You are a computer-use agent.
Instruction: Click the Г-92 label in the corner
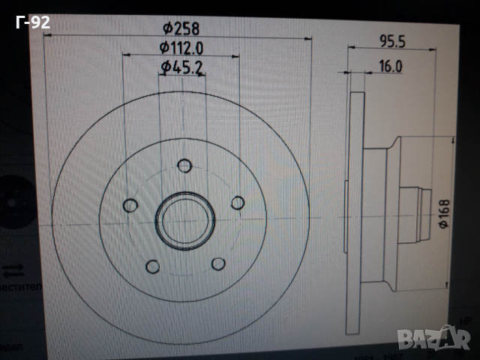tap(32, 22)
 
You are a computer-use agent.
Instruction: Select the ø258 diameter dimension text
tap(181, 28)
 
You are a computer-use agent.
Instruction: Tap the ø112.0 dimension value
tap(181, 47)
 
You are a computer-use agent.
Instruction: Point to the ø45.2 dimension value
tap(182, 67)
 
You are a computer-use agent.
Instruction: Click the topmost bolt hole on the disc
tap(184, 166)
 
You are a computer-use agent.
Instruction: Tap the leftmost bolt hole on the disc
tap(130, 205)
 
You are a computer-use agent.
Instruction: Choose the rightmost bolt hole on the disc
tap(238, 202)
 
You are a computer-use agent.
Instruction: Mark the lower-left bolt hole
tap(152, 266)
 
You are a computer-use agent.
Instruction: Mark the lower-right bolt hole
tap(218, 264)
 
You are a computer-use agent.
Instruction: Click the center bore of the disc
tap(184, 220)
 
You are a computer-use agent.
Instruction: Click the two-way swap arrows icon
tap(13, 269)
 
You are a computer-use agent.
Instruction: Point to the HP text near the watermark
tap(464, 320)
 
